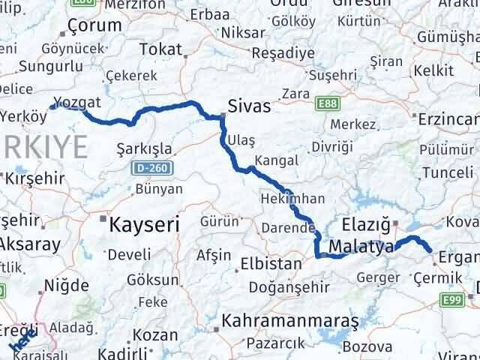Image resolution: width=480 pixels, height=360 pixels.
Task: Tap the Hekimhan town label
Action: tap(282, 199)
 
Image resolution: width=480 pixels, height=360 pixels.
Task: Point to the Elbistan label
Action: tap(271, 264)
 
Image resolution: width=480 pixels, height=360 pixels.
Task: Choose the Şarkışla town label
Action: tap(145, 149)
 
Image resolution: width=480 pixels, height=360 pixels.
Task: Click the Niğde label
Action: tap(67, 286)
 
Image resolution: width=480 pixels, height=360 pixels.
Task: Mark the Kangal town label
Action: tap(276, 160)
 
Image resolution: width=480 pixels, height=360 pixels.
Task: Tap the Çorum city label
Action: tap(94, 26)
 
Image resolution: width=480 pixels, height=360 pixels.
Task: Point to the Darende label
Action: tap(288, 228)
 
